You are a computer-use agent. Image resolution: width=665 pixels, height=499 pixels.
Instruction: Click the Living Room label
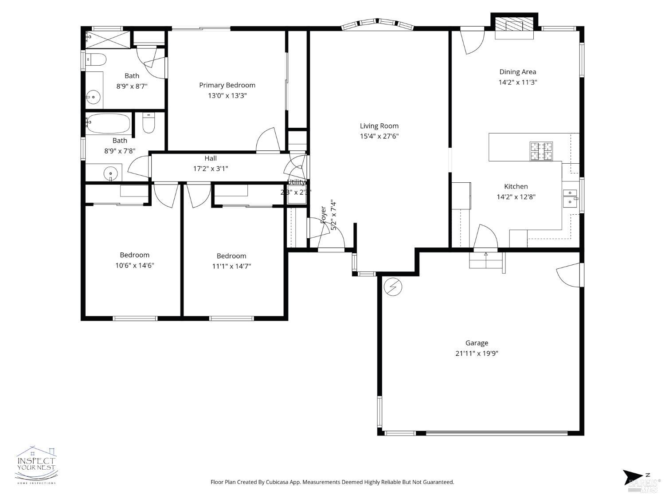[379, 126]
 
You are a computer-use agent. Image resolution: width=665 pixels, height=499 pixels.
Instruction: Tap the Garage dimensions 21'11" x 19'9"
[477, 354]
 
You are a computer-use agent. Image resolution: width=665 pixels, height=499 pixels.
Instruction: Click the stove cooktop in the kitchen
[541, 151]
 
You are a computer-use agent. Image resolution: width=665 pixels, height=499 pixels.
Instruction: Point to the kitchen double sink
[570, 197]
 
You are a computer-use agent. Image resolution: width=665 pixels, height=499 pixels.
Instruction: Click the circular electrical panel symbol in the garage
[393, 287]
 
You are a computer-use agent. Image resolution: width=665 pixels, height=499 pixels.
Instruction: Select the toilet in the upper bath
[96, 59]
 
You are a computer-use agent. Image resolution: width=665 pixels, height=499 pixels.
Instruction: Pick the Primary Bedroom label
[227, 85]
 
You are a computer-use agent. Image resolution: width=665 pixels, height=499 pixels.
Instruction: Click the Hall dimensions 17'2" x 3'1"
[211, 169]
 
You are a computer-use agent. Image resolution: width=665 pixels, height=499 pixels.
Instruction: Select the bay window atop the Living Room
[377, 24]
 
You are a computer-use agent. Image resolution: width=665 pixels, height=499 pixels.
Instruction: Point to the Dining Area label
[517, 72]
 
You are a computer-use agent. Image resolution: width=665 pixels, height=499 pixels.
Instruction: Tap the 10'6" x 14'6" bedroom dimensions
[135, 265]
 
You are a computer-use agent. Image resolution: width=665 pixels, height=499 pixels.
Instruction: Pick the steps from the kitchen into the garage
[486, 260]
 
